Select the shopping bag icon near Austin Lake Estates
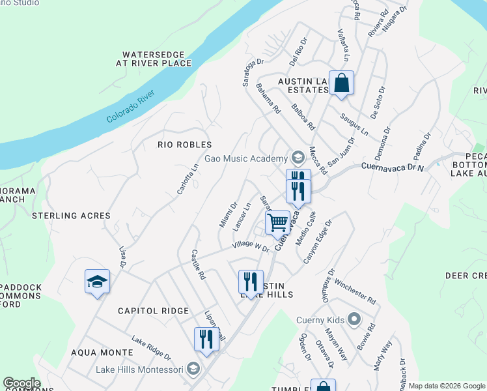[341, 83]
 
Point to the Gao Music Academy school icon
[298, 157]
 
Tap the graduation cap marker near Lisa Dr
[97, 282]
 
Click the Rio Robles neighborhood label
[184, 144]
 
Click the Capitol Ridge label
[153, 311]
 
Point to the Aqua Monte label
[102, 352]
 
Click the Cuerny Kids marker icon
[355, 319]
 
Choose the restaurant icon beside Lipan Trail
[206, 339]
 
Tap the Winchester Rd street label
[355, 291]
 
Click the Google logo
[21, 383]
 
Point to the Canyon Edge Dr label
[318, 240]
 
